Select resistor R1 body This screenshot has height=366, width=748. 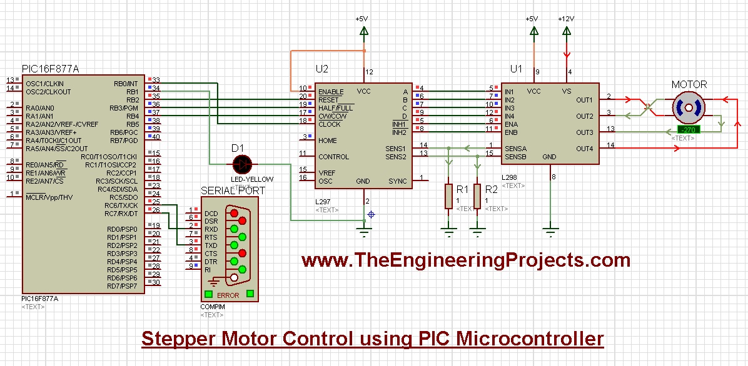(x=448, y=196)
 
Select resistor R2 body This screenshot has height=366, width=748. (x=477, y=196)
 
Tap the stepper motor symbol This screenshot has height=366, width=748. (x=689, y=107)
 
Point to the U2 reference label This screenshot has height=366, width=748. (x=322, y=68)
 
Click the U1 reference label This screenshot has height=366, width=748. (x=516, y=68)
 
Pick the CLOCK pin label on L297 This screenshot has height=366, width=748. (x=329, y=124)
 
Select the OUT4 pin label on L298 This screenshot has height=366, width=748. (x=584, y=149)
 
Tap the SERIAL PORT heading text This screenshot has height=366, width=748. (x=233, y=190)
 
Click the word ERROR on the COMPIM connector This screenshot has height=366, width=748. (x=228, y=295)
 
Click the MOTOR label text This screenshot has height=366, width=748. (x=689, y=84)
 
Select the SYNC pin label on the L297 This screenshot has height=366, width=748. (x=397, y=181)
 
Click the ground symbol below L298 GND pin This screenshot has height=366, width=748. (x=550, y=232)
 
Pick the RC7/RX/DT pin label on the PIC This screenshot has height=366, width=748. (x=121, y=214)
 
